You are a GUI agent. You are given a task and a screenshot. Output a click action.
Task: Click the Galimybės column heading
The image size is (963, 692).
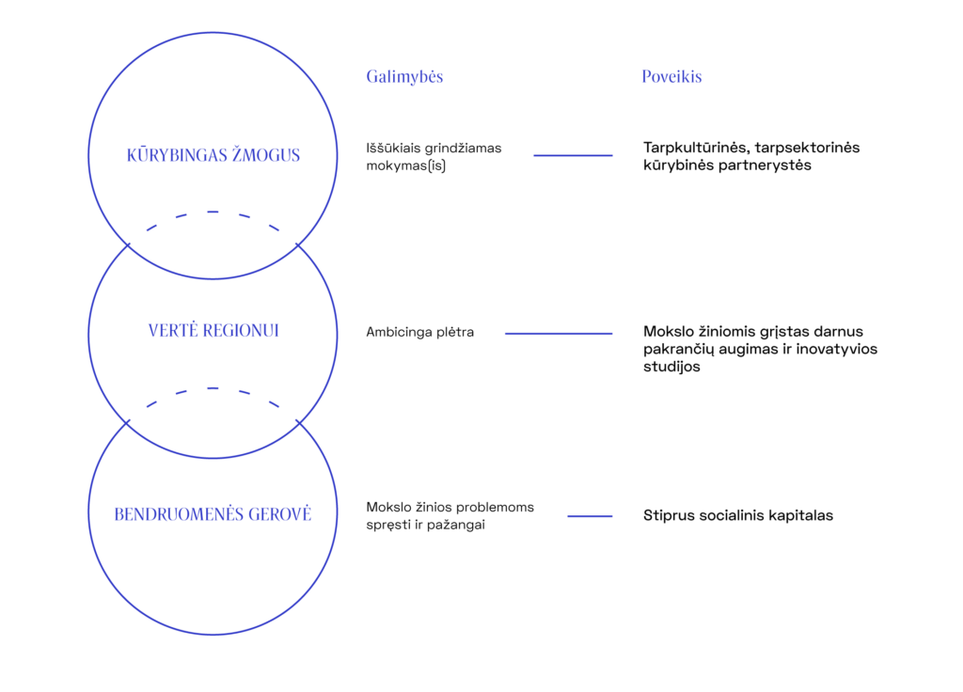pos(404,77)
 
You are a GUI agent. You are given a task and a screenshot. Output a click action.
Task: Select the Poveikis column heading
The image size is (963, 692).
pos(671,77)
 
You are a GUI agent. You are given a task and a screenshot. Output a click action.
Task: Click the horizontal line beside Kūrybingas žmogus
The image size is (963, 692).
pos(574,155)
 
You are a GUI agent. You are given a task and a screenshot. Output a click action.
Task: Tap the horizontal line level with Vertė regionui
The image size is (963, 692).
pos(559,334)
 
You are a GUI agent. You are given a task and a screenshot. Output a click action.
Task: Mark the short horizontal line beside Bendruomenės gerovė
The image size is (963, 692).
pos(590,516)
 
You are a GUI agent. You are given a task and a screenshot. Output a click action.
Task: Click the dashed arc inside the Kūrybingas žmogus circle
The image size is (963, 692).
pos(213,212)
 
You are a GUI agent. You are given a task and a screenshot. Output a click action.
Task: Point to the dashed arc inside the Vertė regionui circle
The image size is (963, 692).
pos(213,388)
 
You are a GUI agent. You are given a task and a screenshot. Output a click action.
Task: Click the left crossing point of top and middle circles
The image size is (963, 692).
pos(128,244)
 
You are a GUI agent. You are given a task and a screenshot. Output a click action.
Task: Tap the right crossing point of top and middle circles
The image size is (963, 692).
pos(297,244)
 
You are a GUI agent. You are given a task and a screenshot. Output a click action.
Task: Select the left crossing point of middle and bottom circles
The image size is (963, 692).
pos(128,423)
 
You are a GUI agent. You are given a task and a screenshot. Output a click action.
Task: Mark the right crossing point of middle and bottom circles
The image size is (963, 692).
pos(297,423)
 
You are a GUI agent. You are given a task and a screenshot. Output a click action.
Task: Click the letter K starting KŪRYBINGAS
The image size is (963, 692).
pos(131,155)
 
